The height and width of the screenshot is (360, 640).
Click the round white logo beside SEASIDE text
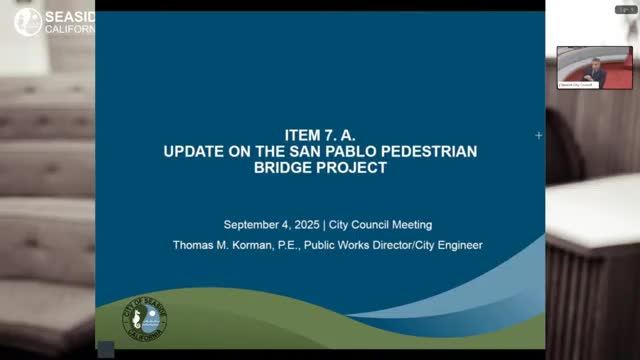coord(29,22)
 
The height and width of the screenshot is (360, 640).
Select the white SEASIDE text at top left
coord(69,17)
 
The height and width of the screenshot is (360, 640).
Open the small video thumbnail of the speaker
coord(595,67)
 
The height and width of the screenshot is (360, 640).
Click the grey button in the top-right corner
coord(620,8)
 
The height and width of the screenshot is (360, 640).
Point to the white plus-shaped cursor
coord(539,135)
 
